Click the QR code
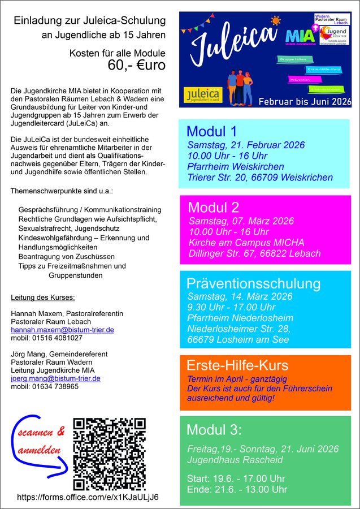click(x=110, y=454)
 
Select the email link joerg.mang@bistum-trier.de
click(x=55, y=378)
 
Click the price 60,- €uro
click(x=137, y=66)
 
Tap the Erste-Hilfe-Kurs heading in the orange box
click(x=237, y=365)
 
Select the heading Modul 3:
click(x=214, y=430)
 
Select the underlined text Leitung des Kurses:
click(x=43, y=297)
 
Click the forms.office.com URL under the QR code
click(x=88, y=497)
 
